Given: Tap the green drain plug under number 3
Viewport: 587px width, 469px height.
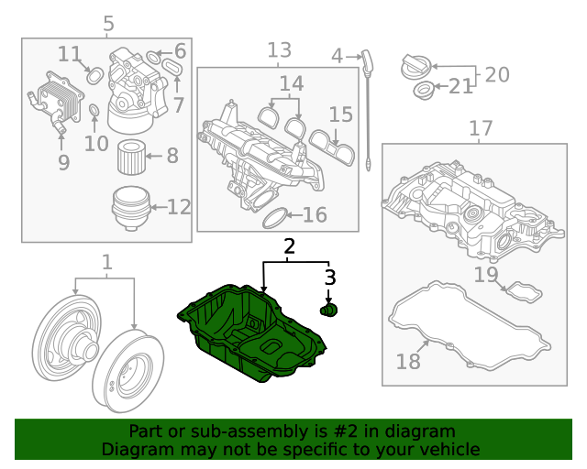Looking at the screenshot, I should [328, 311].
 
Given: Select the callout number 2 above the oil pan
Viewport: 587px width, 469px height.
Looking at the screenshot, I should [290, 245].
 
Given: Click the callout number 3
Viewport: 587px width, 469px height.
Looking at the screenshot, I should [330, 277].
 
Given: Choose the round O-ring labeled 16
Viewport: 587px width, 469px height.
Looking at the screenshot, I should [274, 217].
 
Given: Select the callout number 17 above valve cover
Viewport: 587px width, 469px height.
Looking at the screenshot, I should [481, 128].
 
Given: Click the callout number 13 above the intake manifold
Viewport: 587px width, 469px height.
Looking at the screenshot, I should [279, 49].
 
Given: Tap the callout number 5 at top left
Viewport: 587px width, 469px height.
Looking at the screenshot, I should [108, 24].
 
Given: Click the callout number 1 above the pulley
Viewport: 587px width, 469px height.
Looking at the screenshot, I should [107, 263].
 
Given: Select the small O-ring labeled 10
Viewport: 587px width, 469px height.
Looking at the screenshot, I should [94, 113].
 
